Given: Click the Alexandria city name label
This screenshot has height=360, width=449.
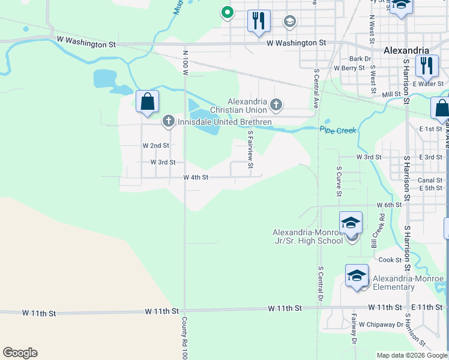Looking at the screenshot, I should coord(406,50).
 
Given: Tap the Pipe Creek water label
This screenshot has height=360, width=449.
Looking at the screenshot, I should coord(338,130).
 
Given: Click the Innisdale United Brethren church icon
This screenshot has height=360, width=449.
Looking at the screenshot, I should coord(168,122).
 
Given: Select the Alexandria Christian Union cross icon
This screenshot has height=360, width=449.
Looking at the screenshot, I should coord(276,105).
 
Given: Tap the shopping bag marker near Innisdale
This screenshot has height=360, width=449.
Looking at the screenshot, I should coord(147,101).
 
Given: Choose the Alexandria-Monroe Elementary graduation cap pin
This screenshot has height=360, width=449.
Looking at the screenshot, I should coord(357,276).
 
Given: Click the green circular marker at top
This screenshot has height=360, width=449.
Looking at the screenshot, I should coord(227,11).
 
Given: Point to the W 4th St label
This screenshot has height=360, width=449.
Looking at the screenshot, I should coord(196,178).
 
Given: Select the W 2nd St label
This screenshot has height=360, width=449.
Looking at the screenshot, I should coord(156,146).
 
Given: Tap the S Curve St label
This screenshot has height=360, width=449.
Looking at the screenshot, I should coord(339,181).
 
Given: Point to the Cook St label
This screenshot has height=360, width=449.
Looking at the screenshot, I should coord(390,260).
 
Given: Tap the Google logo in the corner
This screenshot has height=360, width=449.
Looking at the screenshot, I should coord(20,353).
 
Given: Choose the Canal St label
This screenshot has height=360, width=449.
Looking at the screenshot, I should coord(430,180).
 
